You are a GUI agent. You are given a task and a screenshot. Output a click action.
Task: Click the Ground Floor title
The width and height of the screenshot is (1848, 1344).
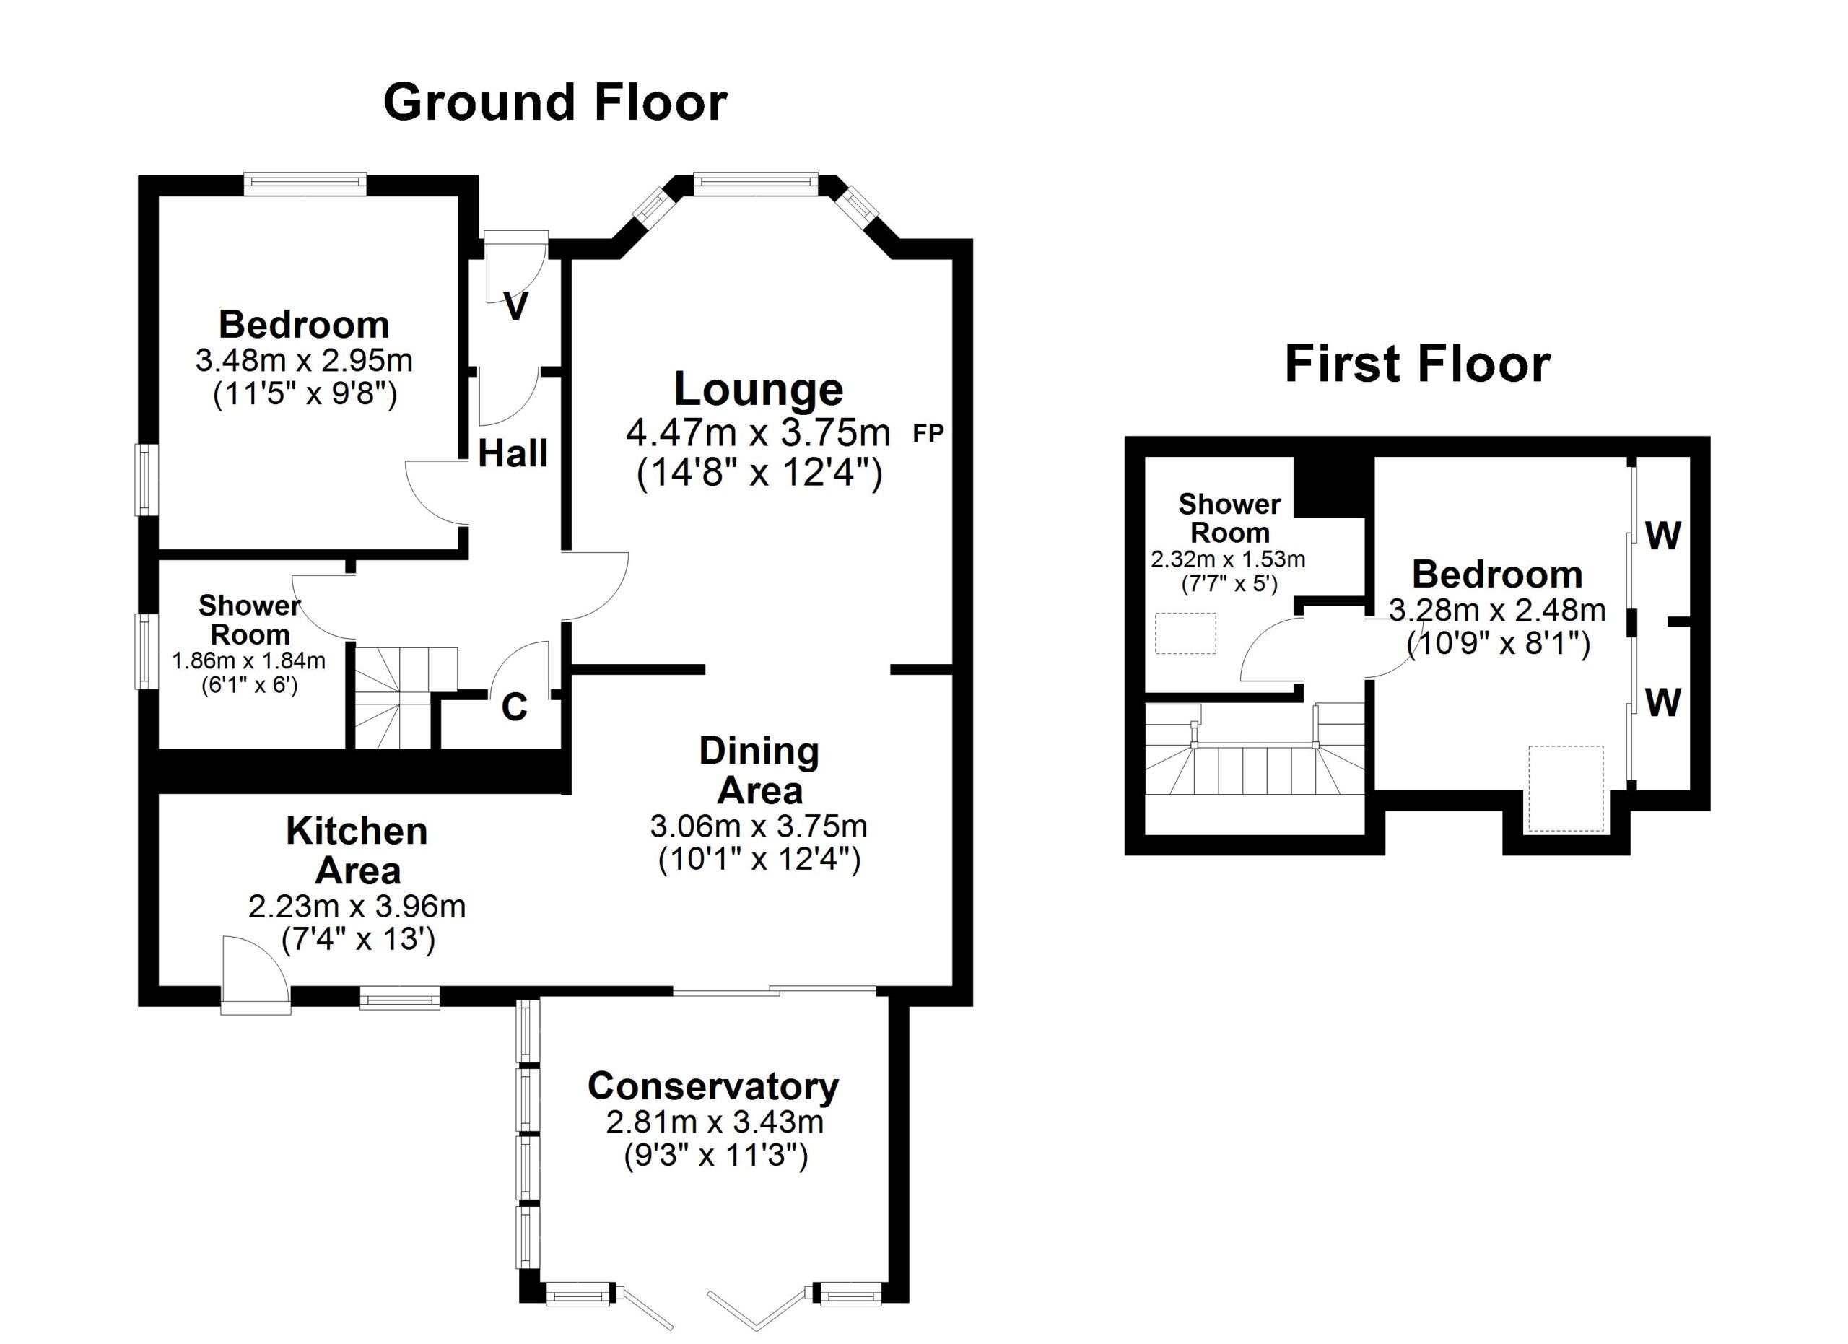[555, 103]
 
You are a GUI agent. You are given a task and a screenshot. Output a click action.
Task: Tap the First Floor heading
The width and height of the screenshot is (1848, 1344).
[1417, 364]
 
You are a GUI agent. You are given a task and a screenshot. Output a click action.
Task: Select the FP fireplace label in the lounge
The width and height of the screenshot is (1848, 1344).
[928, 433]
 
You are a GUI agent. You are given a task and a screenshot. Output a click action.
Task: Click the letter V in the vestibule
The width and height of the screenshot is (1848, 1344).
[515, 306]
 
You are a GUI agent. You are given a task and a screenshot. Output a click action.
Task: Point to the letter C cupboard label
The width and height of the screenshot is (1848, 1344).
[514, 707]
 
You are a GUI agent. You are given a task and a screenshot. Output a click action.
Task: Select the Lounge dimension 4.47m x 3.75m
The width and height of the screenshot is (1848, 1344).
[758, 433]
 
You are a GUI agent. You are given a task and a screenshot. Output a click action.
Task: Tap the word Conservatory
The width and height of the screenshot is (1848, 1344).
[713, 1086]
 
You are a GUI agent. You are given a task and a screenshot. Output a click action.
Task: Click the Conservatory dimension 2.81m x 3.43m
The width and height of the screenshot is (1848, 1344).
[715, 1122]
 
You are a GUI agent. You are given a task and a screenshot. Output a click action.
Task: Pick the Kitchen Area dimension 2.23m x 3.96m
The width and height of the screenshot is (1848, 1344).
[357, 907]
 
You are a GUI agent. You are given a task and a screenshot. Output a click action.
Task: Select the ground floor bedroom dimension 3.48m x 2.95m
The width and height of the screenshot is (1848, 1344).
[304, 360]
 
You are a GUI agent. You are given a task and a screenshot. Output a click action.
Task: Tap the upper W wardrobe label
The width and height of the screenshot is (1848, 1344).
[1663, 536]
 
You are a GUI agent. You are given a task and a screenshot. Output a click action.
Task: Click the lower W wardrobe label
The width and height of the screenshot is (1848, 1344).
[1663, 702]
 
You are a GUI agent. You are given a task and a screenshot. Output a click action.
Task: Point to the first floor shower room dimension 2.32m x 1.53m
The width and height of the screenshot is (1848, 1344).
[1229, 559]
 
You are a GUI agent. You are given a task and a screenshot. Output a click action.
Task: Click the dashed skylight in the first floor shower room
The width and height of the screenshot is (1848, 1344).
[1185, 634]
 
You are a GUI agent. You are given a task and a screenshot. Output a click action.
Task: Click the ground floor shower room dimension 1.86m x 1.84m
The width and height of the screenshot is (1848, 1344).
[248, 660]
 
